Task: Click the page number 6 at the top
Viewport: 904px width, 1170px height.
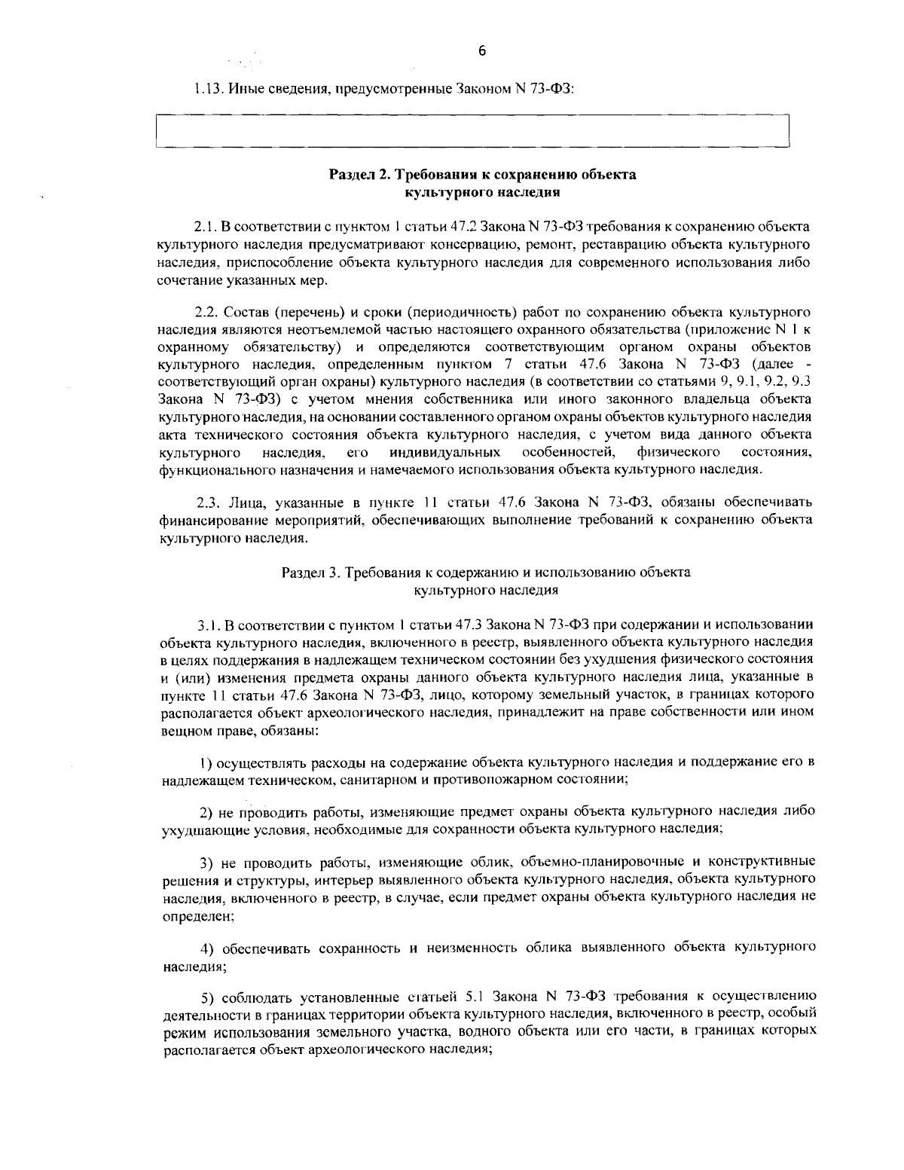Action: coord(482,51)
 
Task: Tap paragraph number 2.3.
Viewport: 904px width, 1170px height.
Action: coord(208,503)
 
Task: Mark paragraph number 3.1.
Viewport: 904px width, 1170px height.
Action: coord(209,625)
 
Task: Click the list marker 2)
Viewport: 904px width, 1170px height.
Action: coord(206,812)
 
